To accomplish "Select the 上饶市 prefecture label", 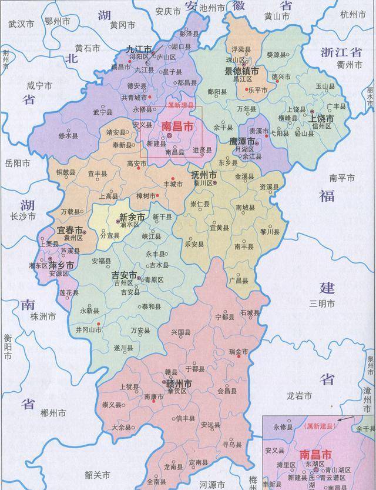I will (x=321, y=118).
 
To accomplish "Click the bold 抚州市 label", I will (x=204, y=175).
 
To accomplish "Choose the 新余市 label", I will (x=132, y=216).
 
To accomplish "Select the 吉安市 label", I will (x=124, y=275).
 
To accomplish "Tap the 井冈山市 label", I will (x=89, y=330).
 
